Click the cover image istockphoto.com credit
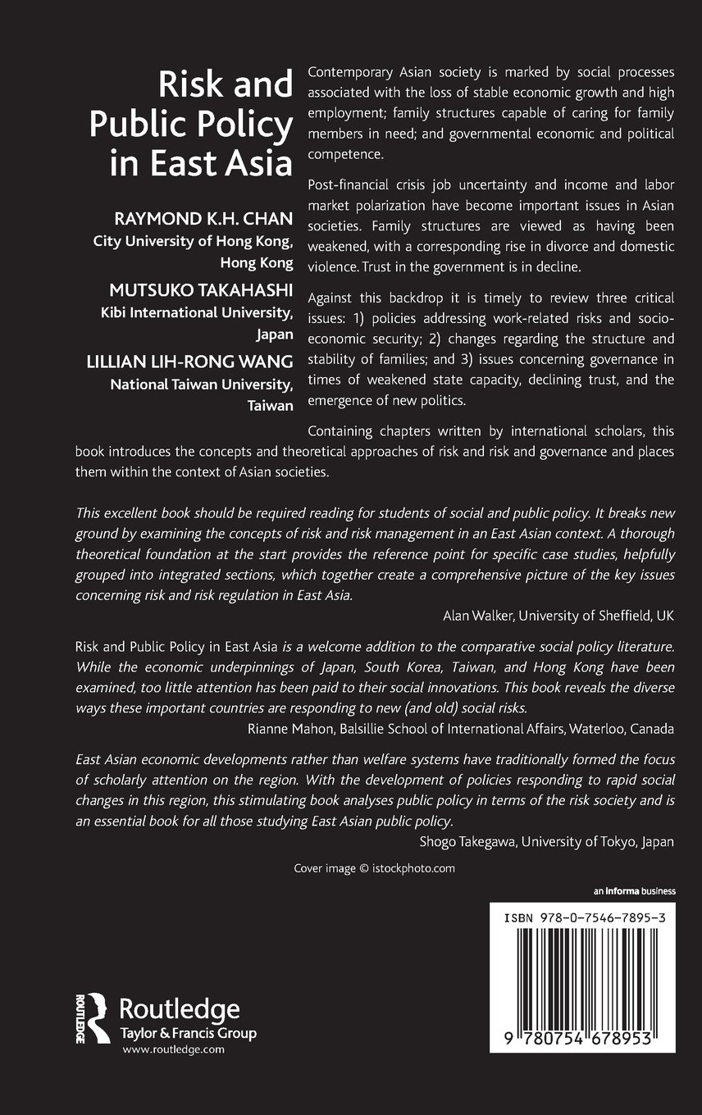click(x=374, y=868)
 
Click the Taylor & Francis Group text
click(x=188, y=1034)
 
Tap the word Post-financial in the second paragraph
click(x=349, y=188)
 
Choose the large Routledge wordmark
click(x=180, y=1009)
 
